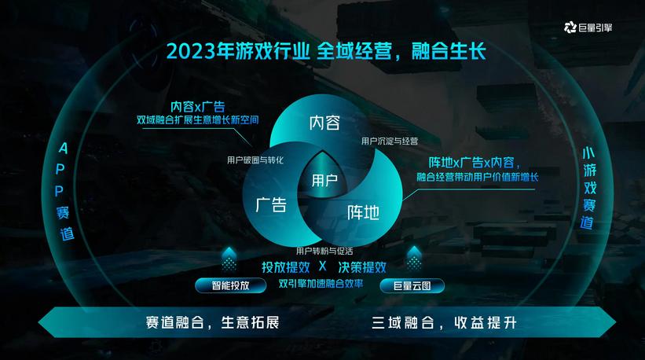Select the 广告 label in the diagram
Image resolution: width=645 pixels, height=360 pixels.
[271, 206]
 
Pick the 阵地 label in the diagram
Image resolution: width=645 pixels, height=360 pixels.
[363, 211]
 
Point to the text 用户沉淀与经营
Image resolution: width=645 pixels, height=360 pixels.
[390, 141]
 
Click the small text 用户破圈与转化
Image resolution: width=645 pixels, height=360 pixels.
[255, 160]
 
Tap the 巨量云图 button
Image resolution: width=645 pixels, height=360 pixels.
[412, 285]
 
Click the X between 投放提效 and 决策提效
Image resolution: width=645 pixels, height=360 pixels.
[322, 266]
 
